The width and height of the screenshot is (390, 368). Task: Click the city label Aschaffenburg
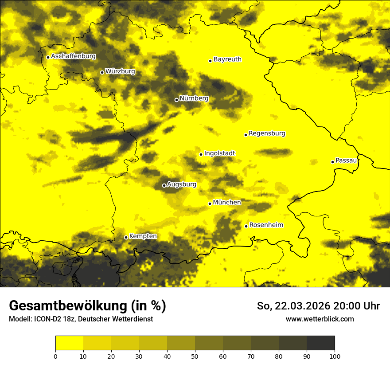point(73,56)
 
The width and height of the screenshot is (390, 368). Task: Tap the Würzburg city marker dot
point(102,72)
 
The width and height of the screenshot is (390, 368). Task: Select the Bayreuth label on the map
point(227,59)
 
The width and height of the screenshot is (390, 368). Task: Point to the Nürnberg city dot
point(176,100)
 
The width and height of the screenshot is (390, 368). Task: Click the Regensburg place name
point(267,133)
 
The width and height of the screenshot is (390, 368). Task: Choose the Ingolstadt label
point(219,153)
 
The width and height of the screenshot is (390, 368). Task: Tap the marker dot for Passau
point(332,162)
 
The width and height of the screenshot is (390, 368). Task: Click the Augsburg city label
point(182,184)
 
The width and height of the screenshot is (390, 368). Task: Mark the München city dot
point(210,204)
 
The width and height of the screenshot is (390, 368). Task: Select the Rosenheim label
point(266,225)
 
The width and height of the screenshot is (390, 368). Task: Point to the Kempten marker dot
point(126,237)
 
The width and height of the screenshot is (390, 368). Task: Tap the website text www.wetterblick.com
point(320,319)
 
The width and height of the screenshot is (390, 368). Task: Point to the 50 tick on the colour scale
point(195,356)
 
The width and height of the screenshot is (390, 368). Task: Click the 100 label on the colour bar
point(335,356)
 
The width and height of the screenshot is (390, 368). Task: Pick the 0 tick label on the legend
point(55,356)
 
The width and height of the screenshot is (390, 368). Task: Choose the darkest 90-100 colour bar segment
point(320,343)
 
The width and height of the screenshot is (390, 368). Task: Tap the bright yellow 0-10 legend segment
point(69,343)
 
